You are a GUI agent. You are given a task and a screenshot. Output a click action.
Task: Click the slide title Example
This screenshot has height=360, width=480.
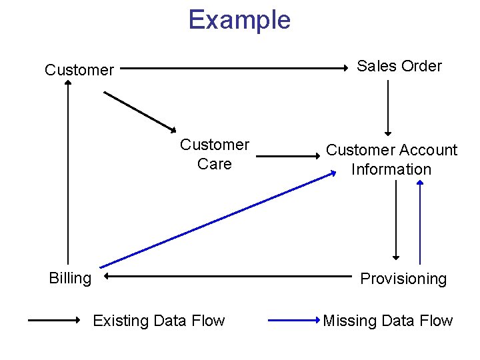239,20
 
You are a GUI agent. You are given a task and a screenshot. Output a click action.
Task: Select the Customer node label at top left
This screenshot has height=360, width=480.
79,69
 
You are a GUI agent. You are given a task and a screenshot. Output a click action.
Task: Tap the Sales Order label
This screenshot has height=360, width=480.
399,66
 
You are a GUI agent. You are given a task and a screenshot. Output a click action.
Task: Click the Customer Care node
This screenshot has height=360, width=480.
215,154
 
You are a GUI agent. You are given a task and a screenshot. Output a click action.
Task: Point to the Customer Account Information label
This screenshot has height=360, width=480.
391,159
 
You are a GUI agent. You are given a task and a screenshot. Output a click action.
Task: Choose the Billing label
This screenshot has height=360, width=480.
70,278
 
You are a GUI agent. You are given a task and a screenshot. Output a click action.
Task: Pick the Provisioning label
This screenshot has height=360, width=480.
403,279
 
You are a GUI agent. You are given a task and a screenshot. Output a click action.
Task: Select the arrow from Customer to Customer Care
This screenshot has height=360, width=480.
139,111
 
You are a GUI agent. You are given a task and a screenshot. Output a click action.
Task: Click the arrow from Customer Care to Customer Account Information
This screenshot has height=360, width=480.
288,157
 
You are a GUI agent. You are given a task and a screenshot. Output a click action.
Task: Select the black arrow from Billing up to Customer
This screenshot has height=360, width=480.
68,173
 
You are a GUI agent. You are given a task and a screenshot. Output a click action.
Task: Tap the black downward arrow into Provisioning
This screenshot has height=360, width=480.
396,220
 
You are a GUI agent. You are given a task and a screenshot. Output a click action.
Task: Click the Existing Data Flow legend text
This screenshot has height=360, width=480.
159,321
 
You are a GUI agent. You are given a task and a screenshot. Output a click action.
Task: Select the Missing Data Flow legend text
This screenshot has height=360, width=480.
387,321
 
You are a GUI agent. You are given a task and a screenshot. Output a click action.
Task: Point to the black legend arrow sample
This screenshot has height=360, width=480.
53,320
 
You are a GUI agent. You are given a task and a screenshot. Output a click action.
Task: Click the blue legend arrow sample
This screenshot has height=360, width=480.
293,320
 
